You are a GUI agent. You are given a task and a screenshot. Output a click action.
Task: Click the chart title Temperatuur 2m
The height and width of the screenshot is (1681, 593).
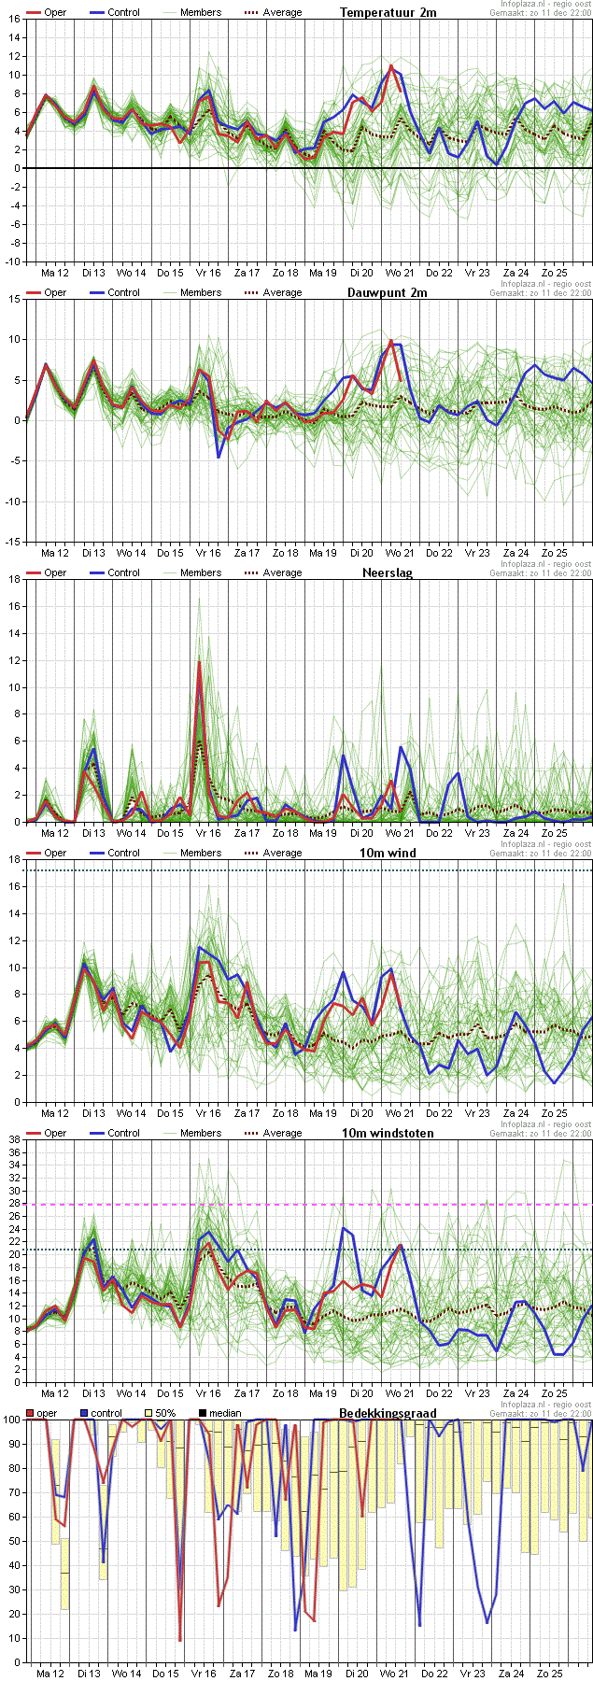click(x=388, y=12)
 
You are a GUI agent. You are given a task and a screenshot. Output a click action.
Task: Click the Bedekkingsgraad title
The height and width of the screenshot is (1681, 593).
click(x=388, y=1413)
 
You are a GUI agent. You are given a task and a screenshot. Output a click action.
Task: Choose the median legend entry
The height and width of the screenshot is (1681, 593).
click(x=220, y=1413)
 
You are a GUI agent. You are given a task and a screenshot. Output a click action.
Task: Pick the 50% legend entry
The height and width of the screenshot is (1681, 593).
click(x=160, y=1413)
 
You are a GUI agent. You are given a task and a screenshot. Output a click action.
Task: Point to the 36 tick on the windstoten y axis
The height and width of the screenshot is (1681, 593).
click(x=13, y=1152)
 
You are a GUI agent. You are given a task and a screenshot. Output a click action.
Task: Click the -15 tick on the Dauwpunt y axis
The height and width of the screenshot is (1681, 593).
click(x=12, y=542)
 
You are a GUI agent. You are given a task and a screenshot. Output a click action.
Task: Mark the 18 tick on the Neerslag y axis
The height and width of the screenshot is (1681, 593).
click(x=13, y=579)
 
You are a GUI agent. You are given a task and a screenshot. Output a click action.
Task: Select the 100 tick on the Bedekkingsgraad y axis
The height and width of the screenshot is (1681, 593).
click(x=11, y=1420)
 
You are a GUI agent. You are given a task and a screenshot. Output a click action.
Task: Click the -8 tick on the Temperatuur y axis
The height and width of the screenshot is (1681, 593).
click(x=14, y=243)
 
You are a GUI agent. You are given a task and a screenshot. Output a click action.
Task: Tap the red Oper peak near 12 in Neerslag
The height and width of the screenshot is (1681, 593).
click(x=199, y=661)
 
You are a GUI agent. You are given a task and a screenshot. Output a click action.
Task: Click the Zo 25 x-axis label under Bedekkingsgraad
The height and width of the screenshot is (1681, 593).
click(x=550, y=1674)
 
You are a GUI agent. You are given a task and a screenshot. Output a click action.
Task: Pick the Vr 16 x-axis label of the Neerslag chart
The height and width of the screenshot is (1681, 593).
click(x=208, y=833)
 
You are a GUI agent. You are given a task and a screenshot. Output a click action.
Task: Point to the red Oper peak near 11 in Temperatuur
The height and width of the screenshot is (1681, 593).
click(x=391, y=65)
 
